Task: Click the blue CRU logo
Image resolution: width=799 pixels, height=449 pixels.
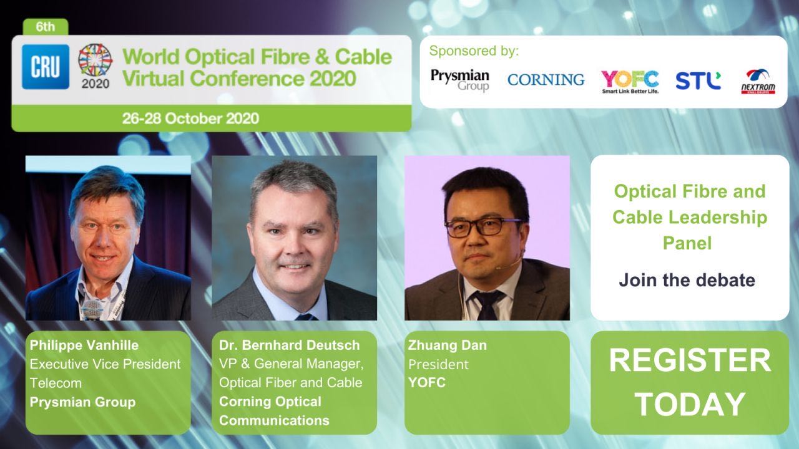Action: tap(46, 67)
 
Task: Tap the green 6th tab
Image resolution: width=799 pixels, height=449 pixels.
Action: tap(46, 27)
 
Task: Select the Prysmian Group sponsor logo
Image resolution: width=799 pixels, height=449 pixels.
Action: tap(460, 80)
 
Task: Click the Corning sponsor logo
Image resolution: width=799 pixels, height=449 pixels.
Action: tap(546, 79)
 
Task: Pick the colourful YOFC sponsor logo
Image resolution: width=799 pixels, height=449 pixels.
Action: tap(630, 82)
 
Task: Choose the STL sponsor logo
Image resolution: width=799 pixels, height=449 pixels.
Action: tap(698, 80)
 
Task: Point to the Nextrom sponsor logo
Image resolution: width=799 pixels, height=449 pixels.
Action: tap(758, 82)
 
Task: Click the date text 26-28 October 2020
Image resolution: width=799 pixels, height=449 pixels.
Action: tap(190, 118)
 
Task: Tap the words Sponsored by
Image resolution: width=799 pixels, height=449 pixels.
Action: tap(474, 51)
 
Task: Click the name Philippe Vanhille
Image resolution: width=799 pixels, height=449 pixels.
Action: tap(84, 345)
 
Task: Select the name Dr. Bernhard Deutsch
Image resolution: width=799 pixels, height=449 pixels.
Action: tap(289, 345)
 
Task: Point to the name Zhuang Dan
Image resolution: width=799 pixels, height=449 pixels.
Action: tap(448, 345)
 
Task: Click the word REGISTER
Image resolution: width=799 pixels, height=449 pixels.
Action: tap(690, 360)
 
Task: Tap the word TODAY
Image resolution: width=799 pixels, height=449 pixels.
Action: tap(690, 404)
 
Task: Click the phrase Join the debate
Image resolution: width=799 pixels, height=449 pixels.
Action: tap(687, 280)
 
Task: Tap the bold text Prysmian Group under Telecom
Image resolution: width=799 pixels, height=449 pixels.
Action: tap(83, 402)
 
